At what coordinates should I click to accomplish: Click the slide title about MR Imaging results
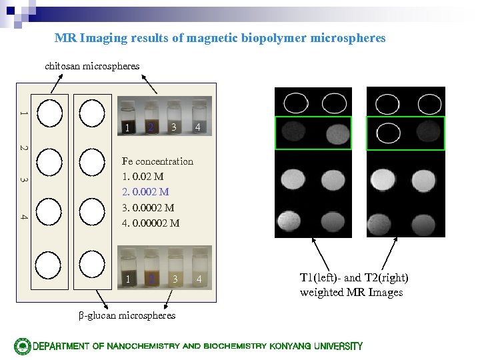pyautogui.click(x=220, y=38)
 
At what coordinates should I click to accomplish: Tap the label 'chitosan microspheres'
pyautogui.click(x=92, y=66)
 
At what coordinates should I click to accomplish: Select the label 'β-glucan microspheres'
pyautogui.click(x=127, y=315)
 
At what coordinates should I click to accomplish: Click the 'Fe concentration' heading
pyautogui.click(x=157, y=161)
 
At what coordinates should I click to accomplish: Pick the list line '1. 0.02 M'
pyautogui.click(x=143, y=177)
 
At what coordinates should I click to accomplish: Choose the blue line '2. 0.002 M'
pyautogui.click(x=145, y=192)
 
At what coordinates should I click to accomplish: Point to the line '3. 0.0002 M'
pyautogui.click(x=148, y=207)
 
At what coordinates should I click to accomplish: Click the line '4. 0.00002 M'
pyautogui.click(x=151, y=223)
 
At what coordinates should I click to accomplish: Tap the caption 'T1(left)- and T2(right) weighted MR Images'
pyautogui.click(x=354, y=285)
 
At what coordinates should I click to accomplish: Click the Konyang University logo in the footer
pyautogui.click(x=23, y=346)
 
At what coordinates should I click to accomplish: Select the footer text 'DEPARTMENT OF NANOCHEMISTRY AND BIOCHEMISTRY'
pyautogui.click(x=150, y=346)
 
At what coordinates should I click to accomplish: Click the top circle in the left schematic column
pyautogui.click(x=50, y=113)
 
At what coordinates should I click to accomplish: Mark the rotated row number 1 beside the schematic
pyautogui.click(x=23, y=113)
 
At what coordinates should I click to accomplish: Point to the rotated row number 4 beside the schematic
pyautogui.click(x=23, y=217)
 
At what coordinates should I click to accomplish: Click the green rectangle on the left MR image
pyautogui.click(x=313, y=133)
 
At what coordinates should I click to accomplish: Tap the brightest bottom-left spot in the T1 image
pyautogui.click(x=292, y=219)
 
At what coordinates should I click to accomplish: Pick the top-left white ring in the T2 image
pyautogui.click(x=388, y=102)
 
